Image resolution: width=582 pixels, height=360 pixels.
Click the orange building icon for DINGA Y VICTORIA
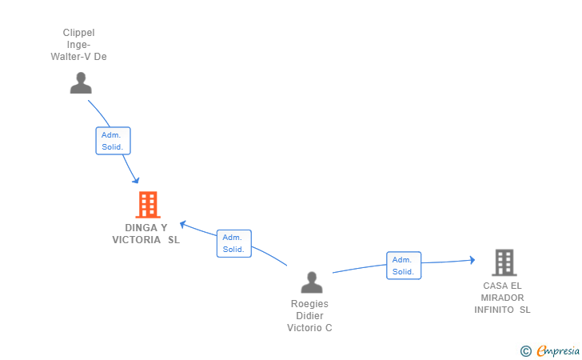coord(148,204)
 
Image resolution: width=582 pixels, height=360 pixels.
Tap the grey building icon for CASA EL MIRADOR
coord(504,262)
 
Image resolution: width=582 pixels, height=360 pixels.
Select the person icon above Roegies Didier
coord(312,282)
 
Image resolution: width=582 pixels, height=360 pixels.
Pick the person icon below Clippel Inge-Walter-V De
coord(81,83)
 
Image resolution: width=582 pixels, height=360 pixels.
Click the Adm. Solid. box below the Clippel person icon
coord(114,141)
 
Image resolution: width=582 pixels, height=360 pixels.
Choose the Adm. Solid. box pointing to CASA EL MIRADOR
coord(404,266)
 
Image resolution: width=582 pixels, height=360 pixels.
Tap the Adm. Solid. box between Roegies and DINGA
coord(234,244)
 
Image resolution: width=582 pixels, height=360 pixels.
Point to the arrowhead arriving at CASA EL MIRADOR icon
coord(472,260)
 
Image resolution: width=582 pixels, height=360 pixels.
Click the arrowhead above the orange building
coord(136,180)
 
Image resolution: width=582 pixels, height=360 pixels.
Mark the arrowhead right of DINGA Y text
coord(183,224)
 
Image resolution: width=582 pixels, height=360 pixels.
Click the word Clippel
coord(78,33)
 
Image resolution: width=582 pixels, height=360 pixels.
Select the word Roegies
coord(309,304)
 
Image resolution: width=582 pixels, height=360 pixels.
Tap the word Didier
coord(309,316)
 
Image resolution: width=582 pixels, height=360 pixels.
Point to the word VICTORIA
coord(136,240)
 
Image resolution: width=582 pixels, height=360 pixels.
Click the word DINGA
coord(141,228)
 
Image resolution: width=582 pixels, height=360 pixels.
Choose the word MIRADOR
coord(502,298)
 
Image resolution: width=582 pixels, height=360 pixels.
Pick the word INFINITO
coord(494,310)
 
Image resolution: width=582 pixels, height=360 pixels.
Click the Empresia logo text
coord(558,350)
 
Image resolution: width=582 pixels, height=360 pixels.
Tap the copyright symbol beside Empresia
coord(526,351)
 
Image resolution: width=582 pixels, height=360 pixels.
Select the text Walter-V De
coord(78,57)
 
